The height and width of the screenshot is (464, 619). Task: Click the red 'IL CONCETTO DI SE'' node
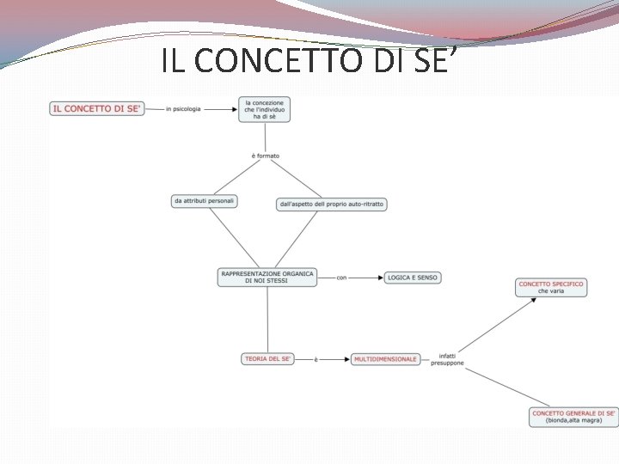point(97,109)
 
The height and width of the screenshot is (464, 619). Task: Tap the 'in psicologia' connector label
point(183,109)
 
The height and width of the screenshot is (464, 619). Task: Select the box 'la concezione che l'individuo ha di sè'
point(264,109)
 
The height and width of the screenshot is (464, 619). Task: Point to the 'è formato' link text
point(266,156)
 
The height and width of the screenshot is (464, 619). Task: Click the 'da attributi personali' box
point(204,201)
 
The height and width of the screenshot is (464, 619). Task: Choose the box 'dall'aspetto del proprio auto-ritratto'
point(331,204)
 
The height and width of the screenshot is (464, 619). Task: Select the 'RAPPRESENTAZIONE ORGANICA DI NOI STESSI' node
point(267,277)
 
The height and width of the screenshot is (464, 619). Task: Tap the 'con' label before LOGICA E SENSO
point(341,278)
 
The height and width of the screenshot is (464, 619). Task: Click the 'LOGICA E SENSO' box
point(413,278)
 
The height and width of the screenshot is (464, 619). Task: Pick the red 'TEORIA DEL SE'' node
point(268,358)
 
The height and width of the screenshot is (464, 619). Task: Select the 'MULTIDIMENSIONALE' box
point(385,358)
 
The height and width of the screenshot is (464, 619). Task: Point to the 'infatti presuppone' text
point(449,359)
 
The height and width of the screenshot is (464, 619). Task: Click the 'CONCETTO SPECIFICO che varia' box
point(551,287)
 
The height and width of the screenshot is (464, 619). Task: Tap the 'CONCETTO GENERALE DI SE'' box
point(573,417)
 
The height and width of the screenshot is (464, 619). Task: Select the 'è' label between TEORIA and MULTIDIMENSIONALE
point(316,359)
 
